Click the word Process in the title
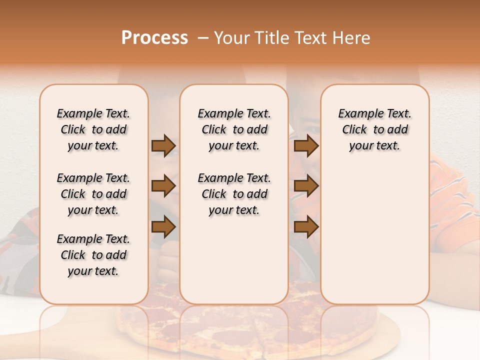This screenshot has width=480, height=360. point(154,37)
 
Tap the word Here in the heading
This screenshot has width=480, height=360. point(351,37)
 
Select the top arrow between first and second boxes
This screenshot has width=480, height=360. point(163,146)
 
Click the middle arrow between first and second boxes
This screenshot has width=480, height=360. point(163,186)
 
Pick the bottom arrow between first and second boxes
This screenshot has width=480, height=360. point(163,227)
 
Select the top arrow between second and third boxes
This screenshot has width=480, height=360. point(306,146)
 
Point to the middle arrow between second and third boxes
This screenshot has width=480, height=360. point(306,186)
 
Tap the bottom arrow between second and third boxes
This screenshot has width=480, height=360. point(306,227)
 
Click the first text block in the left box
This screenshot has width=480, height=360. point(93,129)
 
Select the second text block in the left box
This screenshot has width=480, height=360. point(93,194)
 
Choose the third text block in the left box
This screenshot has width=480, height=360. point(93,255)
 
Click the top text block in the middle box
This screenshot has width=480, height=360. point(234,129)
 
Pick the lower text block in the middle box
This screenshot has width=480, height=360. point(234,194)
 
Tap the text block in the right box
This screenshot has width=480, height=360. point(374,129)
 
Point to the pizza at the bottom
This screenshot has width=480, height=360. point(250,320)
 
